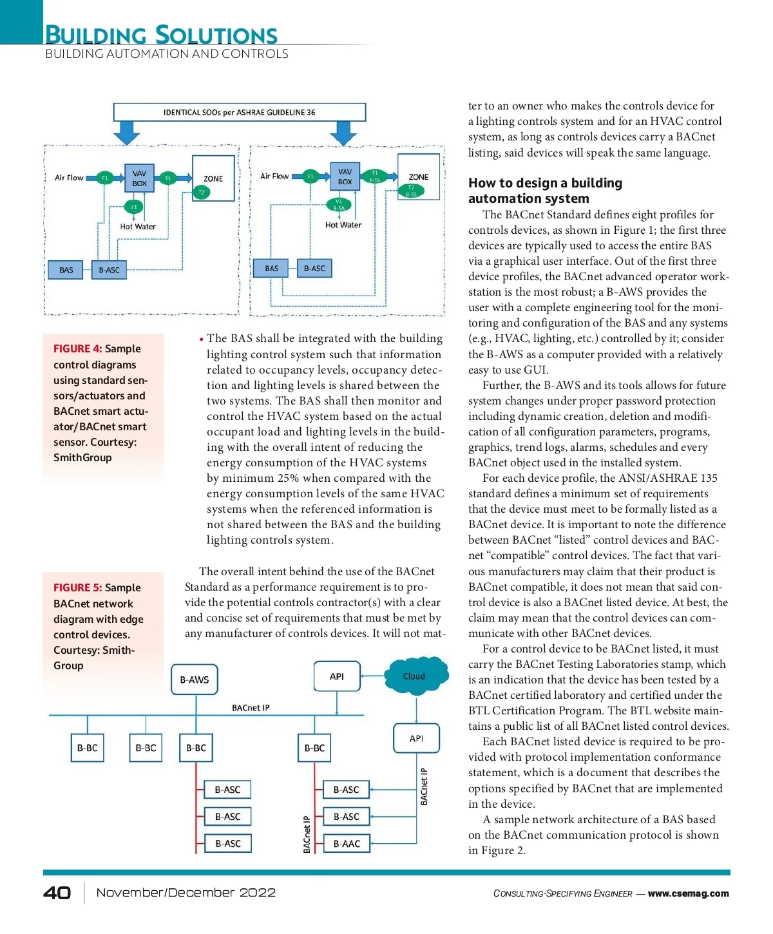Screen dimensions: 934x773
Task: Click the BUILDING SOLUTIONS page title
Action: point(161,35)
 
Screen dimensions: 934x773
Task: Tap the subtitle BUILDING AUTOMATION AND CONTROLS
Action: point(167,54)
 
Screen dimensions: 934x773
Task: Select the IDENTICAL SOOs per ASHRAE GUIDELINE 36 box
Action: point(240,112)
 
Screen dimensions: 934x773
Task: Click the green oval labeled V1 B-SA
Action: point(339,205)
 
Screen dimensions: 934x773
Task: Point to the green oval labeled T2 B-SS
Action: point(411,191)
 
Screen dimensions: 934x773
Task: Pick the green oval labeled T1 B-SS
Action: point(375,176)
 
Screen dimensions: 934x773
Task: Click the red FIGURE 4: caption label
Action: point(77,348)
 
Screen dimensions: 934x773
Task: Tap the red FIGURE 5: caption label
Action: point(77,587)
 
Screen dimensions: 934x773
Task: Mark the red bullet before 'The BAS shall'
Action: point(201,339)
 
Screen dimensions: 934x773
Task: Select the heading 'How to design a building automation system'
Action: point(545,191)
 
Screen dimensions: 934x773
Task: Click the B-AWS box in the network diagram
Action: point(195,680)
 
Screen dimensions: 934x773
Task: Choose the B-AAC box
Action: point(347,844)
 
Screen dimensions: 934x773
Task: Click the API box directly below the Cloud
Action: point(416,738)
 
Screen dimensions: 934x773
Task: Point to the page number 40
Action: point(57,893)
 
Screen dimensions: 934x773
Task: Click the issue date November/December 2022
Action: point(186,893)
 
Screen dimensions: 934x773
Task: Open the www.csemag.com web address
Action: point(688,893)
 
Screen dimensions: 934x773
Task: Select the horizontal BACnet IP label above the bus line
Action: point(251,708)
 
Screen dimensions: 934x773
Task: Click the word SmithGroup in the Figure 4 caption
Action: point(82,457)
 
